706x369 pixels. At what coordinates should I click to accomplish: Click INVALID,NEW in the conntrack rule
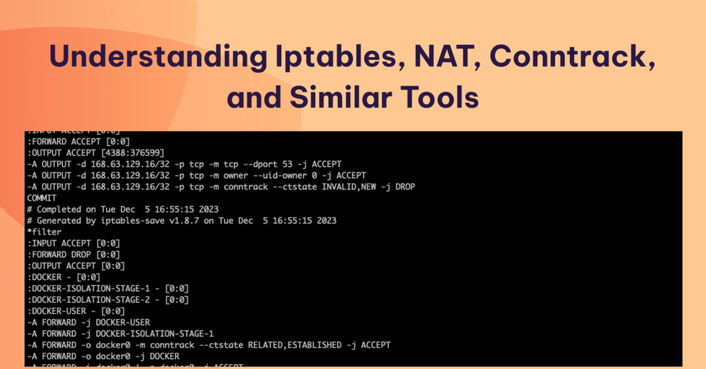347,186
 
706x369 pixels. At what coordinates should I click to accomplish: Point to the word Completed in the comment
62,209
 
